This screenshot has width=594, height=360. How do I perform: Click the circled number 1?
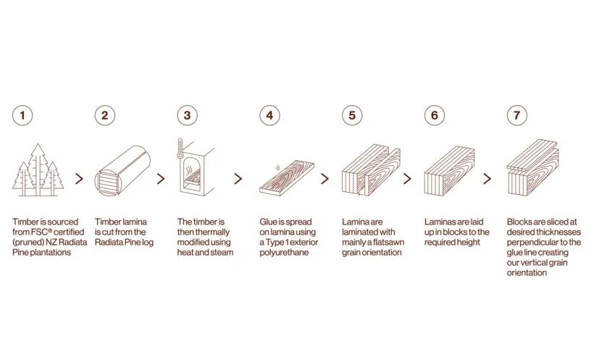pyautogui.click(x=24, y=115)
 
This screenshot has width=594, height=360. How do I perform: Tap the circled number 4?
pyautogui.click(x=270, y=115)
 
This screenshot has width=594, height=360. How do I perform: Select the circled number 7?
pyautogui.click(x=516, y=115)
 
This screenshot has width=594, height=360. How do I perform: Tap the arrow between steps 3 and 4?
pyautogui.click(x=238, y=178)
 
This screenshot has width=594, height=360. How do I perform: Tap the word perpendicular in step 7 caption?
pyautogui.click(x=535, y=243)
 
